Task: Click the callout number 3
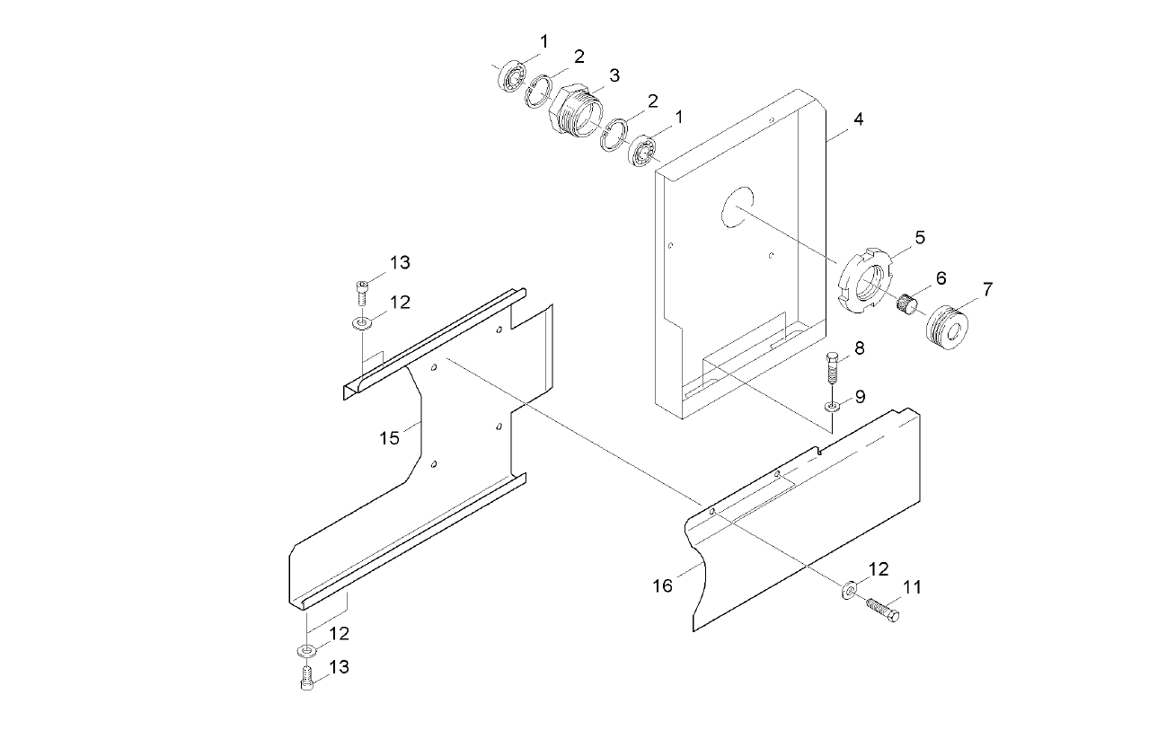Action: point(614,76)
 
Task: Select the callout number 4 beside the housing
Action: point(859,119)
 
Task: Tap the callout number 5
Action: point(920,237)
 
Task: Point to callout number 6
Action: point(941,278)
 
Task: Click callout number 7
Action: point(987,289)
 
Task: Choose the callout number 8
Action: point(860,348)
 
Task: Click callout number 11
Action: point(913,588)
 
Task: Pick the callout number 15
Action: point(389,437)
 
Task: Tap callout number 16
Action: point(662,586)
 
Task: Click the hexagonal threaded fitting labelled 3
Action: point(571,112)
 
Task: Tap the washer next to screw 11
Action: point(847,590)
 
